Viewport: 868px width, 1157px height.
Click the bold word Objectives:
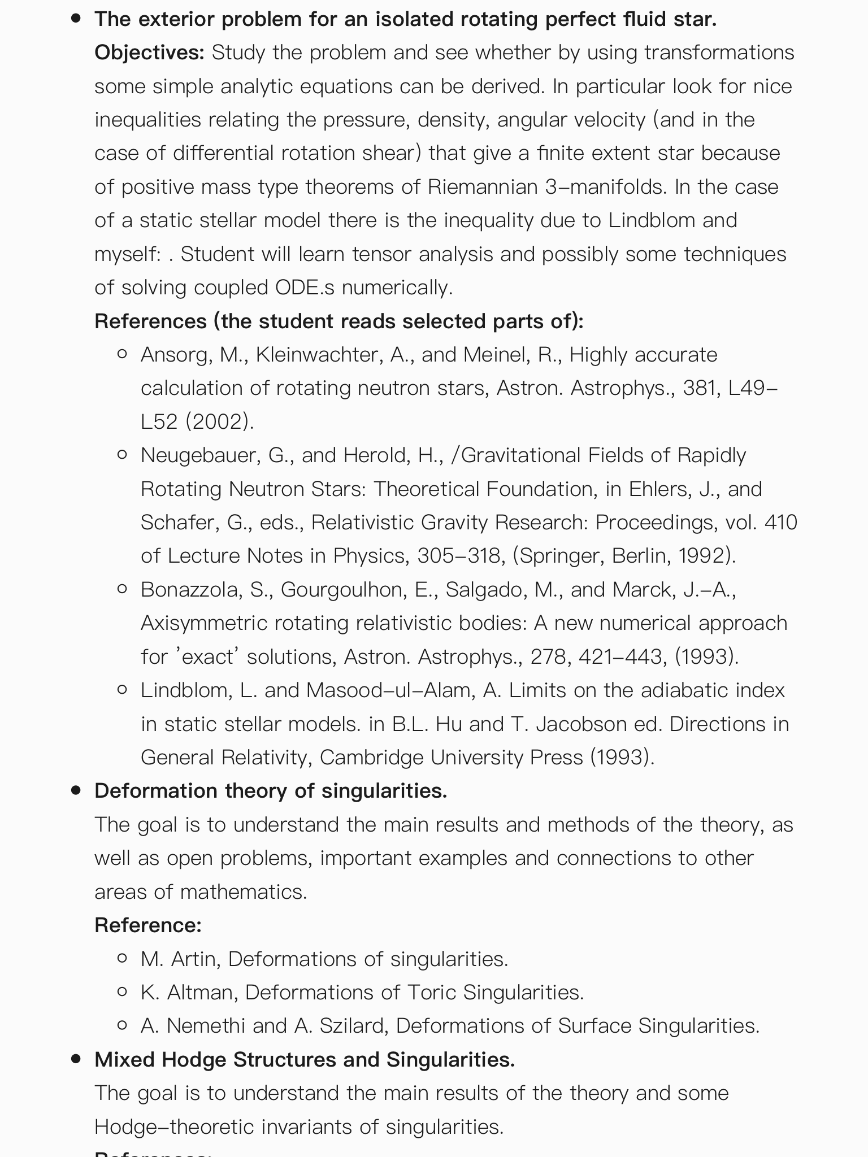(149, 53)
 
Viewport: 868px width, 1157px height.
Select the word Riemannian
(483, 186)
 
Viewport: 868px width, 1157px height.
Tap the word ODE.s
(305, 287)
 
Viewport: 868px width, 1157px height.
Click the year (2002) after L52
(219, 421)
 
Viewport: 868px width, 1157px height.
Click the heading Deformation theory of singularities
(271, 790)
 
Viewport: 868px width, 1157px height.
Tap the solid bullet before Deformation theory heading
(76, 790)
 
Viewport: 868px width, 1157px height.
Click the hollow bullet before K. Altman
(121, 992)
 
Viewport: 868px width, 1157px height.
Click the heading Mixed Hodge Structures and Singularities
(305, 1059)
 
